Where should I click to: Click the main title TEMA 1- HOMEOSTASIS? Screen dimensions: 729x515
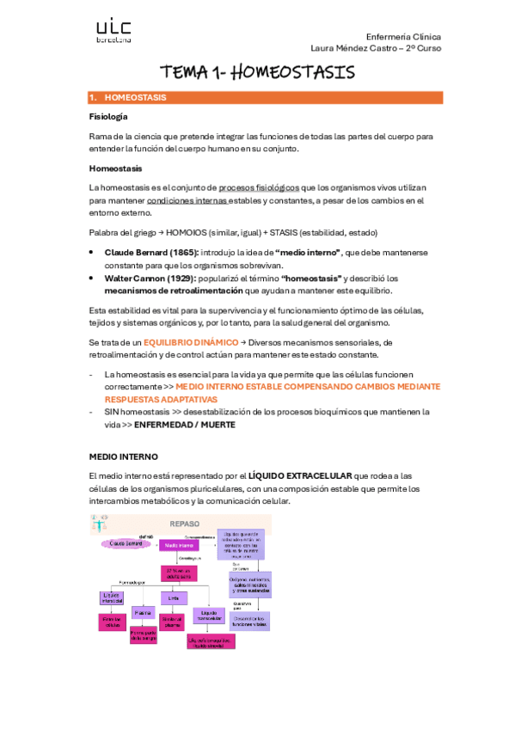point(257,72)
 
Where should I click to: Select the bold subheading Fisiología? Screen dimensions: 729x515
point(108,116)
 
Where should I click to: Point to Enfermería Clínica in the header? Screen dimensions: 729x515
point(403,37)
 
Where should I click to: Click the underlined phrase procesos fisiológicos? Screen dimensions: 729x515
point(259,187)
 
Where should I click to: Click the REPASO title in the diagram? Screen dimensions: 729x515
point(185,523)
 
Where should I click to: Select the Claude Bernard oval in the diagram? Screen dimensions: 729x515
point(126,543)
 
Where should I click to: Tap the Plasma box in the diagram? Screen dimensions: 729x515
point(144,612)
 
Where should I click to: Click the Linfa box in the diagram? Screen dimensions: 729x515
point(173,597)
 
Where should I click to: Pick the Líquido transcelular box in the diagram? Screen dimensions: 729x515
point(209,615)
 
